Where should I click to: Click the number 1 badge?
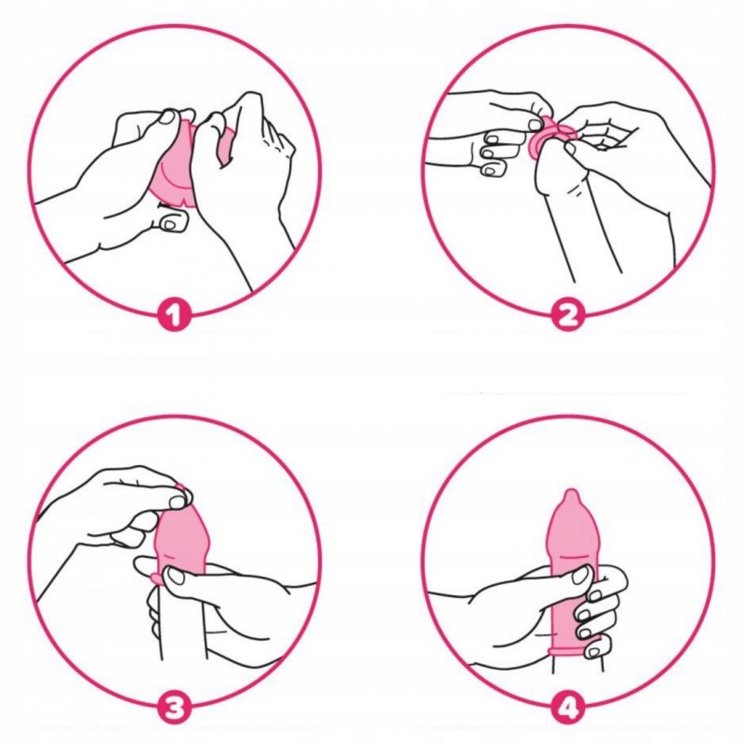pyautogui.click(x=174, y=314)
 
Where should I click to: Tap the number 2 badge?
pyautogui.click(x=568, y=314)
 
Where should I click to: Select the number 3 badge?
pyautogui.click(x=174, y=710)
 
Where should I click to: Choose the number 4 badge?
pyautogui.click(x=568, y=710)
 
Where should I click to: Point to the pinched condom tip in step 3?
pyautogui.click(x=182, y=492)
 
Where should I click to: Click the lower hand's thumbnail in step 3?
pyautogui.click(x=177, y=577)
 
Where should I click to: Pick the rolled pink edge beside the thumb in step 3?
pyautogui.click(x=155, y=578)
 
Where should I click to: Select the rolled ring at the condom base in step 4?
pyautogui.click(x=575, y=652)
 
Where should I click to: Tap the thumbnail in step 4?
pyautogui.click(x=579, y=577)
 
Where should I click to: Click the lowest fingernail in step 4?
pyautogui.click(x=592, y=652)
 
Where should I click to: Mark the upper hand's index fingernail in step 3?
pyautogui.click(x=178, y=500)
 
